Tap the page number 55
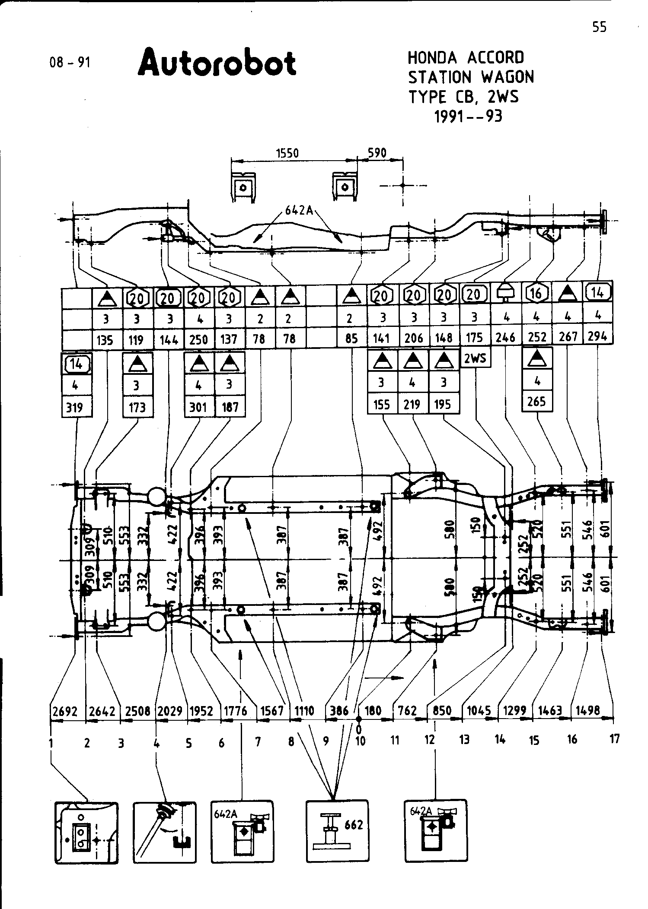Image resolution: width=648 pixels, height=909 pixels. coord(599,27)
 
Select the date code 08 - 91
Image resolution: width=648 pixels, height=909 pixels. coord(70,63)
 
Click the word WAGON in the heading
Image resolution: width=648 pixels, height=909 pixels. coord(508,77)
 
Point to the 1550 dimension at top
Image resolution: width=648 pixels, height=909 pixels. coord(287,153)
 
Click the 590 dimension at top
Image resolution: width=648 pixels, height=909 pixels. coord(377,153)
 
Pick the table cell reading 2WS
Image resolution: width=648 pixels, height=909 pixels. coord(475,358)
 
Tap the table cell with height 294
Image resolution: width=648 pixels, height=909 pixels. coord(598,336)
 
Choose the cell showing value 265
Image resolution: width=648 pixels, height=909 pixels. coord(536,402)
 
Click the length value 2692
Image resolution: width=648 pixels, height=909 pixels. coord(65,711)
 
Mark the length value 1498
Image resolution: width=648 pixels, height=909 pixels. coord(588,711)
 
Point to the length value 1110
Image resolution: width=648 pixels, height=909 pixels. coord(304,711)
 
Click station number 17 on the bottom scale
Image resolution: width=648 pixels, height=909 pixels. coord(614,739)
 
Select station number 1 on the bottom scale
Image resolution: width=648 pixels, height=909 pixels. coord(51,742)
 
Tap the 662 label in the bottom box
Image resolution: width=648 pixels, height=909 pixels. coord(354,825)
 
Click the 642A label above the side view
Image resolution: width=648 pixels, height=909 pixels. coord(298,210)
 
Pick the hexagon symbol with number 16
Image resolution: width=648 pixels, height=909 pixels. coord(536,294)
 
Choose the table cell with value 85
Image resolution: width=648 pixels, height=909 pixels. coord(351,339)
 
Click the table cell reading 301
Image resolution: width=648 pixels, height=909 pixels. coord(198,407)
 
